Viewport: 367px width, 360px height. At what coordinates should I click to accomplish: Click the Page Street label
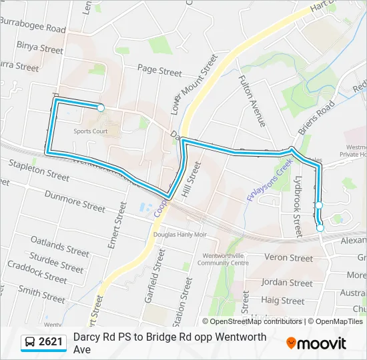tap(159, 70)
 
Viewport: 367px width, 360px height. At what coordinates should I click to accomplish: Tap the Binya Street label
tap(40, 48)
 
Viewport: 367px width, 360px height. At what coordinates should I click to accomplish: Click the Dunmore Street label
tap(75, 201)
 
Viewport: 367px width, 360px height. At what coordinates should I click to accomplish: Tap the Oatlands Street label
tap(60, 245)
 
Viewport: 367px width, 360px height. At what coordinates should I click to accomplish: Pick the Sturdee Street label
tap(56, 263)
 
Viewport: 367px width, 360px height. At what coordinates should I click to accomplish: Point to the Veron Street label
tap(288, 258)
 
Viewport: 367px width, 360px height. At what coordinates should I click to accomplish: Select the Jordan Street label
tap(287, 283)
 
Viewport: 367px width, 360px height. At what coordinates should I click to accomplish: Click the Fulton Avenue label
tap(252, 101)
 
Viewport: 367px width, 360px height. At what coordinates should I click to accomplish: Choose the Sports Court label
tap(91, 131)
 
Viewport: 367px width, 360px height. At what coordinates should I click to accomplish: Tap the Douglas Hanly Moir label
tap(180, 235)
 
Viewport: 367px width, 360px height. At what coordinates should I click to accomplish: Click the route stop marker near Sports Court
tap(101, 107)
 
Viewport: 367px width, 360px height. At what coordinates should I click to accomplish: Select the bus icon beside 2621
tap(29, 343)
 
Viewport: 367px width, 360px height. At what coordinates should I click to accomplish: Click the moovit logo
tap(316, 343)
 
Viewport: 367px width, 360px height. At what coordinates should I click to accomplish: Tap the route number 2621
tap(51, 343)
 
